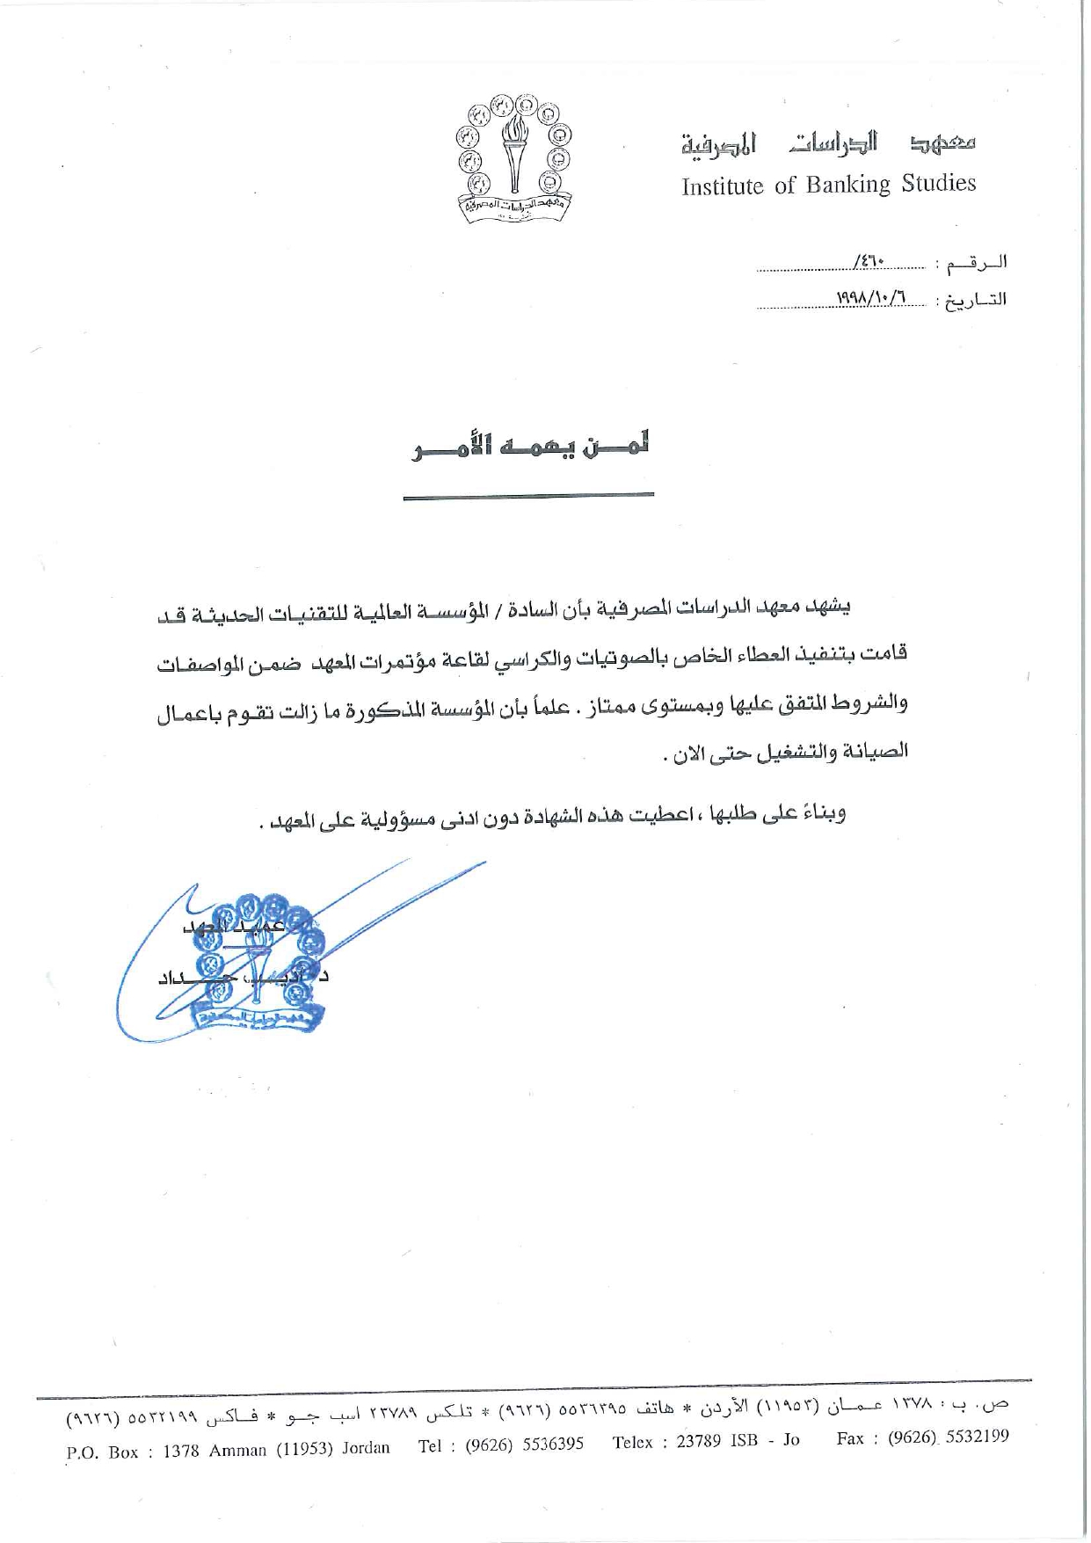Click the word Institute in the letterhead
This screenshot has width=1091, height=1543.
click(722, 186)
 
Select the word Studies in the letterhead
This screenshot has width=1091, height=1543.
click(938, 183)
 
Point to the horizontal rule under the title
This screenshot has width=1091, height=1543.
click(528, 496)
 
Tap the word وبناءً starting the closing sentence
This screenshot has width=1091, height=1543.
click(821, 813)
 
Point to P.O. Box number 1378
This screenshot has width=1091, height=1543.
click(181, 1452)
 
